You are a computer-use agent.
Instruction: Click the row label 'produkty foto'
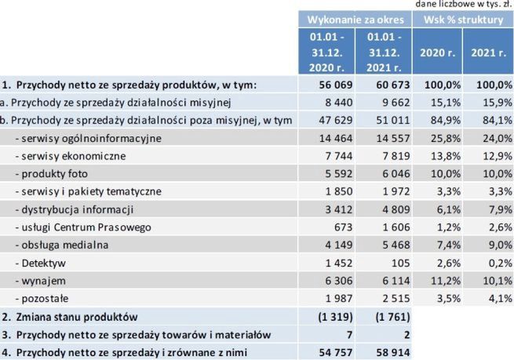(49, 173)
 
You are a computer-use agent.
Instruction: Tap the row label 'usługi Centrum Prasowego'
(75, 227)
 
